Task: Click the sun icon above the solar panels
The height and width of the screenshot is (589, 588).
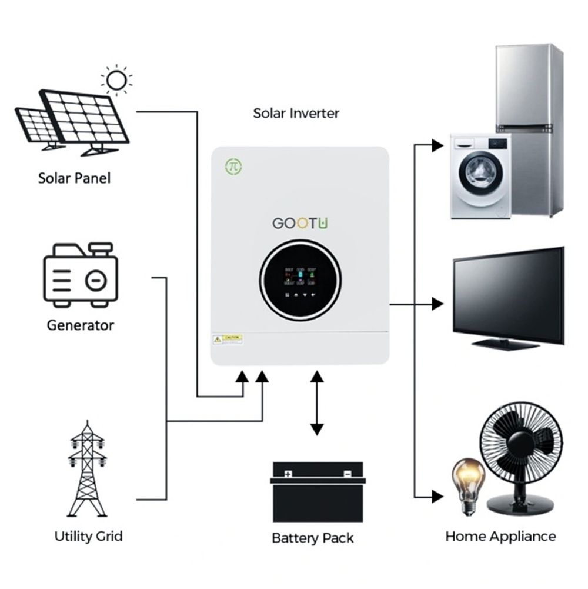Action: click(x=116, y=79)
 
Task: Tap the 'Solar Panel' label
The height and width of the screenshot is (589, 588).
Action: click(x=74, y=178)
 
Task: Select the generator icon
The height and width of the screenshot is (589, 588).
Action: click(x=81, y=275)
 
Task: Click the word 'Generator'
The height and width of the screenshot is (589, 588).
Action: click(x=80, y=325)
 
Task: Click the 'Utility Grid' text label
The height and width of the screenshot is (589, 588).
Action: click(x=88, y=536)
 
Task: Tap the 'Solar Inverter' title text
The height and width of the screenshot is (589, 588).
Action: click(x=296, y=113)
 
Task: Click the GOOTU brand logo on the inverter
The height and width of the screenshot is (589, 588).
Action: click(x=300, y=224)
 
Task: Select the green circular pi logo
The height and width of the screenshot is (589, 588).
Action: click(x=233, y=167)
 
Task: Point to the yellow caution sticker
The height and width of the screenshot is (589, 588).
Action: click(x=228, y=339)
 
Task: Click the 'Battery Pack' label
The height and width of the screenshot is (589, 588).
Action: click(x=313, y=538)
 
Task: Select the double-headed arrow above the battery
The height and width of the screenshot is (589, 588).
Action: click(x=317, y=403)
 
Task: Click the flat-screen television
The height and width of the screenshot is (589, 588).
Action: click(x=508, y=297)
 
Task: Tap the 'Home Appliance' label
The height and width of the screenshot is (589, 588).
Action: click(x=500, y=536)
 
